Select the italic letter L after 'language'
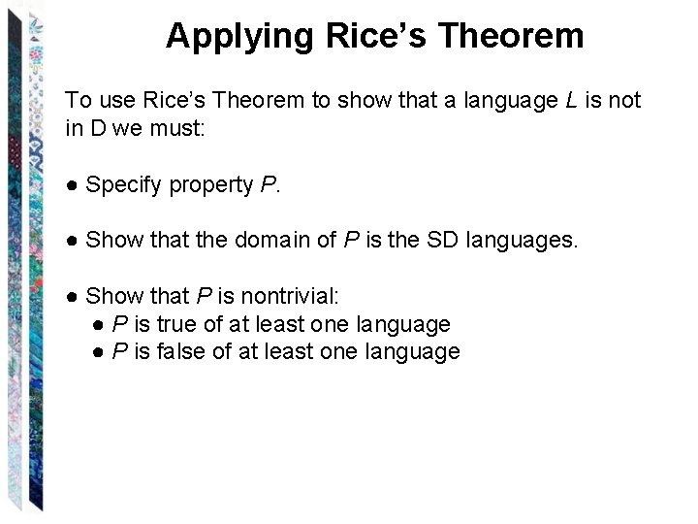pos(570,101)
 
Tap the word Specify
pos(123,185)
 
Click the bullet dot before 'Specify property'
pos(72,185)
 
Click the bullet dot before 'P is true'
pos(99,324)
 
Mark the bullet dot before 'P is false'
pos(99,351)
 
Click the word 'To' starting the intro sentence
pos(77,101)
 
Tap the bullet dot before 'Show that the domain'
pos(72,240)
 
